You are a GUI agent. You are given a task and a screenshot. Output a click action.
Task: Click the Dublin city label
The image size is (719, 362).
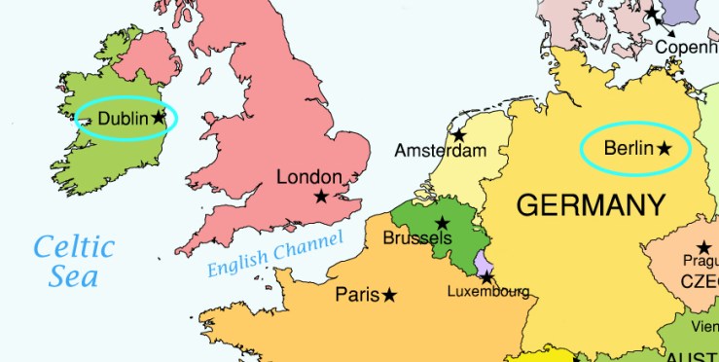[x=124, y=119]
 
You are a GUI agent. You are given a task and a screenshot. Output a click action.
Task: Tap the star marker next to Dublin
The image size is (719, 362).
[x=160, y=117]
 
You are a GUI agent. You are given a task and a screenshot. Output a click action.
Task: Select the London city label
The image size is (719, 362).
[x=309, y=177]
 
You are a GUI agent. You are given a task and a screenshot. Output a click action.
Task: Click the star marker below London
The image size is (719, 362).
[x=321, y=197]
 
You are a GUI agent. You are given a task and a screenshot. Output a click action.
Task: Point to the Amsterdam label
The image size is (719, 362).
[x=440, y=152]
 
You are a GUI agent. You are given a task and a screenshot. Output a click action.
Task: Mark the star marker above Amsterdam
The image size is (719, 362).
[x=458, y=134]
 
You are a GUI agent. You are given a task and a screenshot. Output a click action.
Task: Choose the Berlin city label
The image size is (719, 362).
[x=628, y=149]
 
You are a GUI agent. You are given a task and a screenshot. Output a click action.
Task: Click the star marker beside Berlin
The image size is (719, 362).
[x=665, y=149]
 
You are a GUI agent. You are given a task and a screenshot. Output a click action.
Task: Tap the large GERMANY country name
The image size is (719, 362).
[x=591, y=205]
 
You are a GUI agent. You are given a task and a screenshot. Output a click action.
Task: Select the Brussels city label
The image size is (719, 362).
[x=417, y=238]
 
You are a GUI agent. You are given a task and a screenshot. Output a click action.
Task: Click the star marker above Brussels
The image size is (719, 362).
[x=443, y=223]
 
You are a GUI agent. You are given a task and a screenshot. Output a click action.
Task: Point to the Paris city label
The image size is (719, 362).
[x=357, y=295]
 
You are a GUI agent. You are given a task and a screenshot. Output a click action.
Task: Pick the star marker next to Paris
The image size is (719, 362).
[x=390, y=294]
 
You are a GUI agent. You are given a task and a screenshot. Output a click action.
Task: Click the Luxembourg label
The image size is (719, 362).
[x=488, y=292]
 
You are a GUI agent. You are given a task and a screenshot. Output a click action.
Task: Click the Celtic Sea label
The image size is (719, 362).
[x=74, y=262]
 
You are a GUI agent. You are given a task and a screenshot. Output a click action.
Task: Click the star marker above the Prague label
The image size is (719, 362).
[x=703, y=247]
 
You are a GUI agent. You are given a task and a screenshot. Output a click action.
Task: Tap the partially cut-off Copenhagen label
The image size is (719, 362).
[x=687, y=47]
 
